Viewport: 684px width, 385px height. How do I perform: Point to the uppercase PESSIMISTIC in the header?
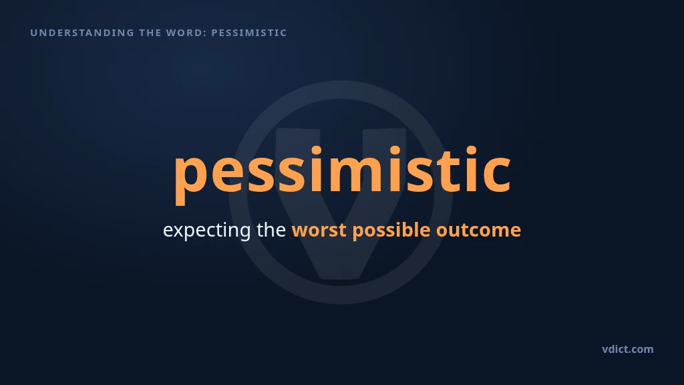click(x=249, y=33)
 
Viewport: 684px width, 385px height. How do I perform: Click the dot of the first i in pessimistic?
click(x=316, y=151)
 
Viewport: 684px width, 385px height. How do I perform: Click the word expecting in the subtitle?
click(x=207, y=230)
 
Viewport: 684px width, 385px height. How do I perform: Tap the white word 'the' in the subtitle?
click(x=271, y=229)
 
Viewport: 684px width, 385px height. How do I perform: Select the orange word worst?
click(x=319, y=230)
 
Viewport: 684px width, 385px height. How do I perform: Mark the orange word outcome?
click(x=478, y=230)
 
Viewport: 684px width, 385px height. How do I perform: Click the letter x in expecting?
click(x=179, y=231)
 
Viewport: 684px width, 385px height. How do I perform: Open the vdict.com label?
click(x=628, y=349)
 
